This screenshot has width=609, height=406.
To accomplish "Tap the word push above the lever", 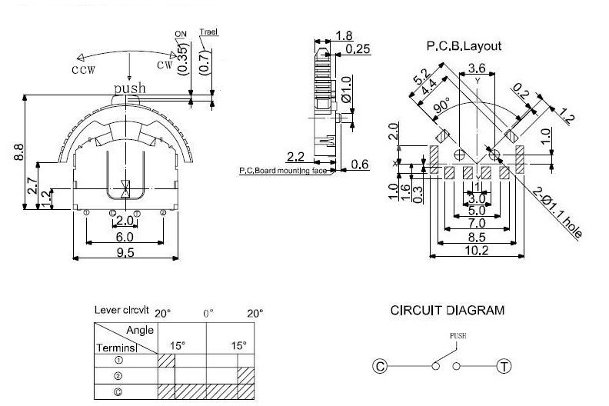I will coord(129,88).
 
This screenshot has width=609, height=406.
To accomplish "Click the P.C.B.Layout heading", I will coord(464,46).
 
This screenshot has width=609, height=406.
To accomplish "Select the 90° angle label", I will coord(442,108).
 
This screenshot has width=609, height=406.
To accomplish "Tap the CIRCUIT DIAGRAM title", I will coord(448,311).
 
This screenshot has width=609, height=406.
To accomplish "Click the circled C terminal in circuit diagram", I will coord(378,366).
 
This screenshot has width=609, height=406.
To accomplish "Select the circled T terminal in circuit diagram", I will coord(504,366).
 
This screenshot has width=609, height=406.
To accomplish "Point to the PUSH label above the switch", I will coord(458,336).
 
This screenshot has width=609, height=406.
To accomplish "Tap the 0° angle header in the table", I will coord(208,314).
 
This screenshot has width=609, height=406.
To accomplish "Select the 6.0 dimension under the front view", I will coord(124,238).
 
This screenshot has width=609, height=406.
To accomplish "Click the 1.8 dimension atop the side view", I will coord(344,36).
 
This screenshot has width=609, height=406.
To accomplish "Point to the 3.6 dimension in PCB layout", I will coord(477,68).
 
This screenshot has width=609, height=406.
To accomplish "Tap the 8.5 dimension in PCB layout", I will coord(476,237).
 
